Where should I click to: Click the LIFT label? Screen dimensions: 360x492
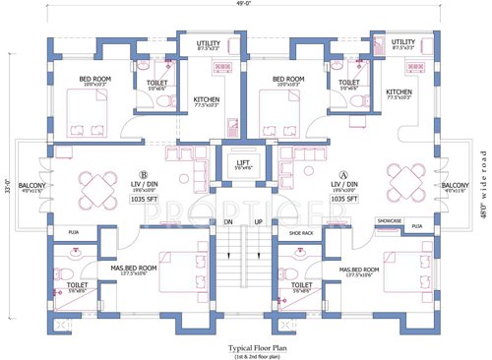pos(242,159)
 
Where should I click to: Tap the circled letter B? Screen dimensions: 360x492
pos(143,176)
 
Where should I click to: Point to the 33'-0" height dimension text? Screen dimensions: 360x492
pos(7,183)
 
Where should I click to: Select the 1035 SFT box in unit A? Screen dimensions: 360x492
pos(343,198)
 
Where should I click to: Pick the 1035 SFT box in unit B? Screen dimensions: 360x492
pos(143,198)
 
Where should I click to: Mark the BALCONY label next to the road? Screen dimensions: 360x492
pos(455,185)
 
